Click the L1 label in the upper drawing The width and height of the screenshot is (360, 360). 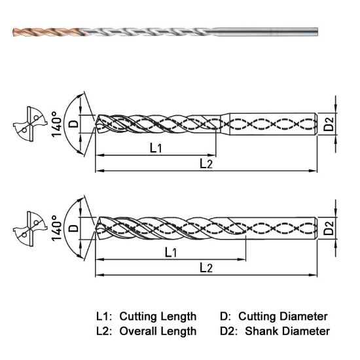tap(156, 148)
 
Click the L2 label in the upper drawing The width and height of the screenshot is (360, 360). tap(206, 163)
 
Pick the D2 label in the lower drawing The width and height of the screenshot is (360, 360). tap(329, 228)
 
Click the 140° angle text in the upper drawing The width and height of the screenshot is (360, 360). tap(58, 123)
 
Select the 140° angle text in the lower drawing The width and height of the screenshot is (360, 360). tap(58, 228)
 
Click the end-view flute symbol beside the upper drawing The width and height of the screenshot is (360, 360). tap(26, 124)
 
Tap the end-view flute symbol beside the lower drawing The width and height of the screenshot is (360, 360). tap(26, 228)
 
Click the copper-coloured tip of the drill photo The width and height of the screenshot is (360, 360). tap(39, 30)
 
